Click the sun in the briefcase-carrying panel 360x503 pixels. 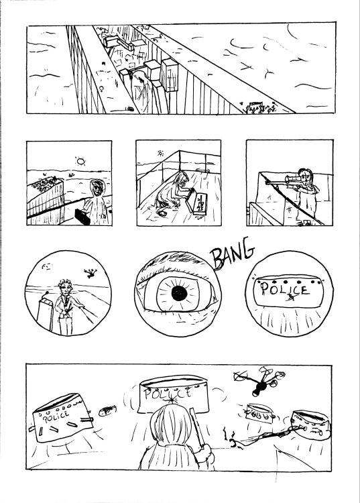click(82, 162)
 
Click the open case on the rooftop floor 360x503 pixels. click(201, 203)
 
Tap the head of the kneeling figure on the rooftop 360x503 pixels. click(181, 180)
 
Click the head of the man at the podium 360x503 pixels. click(65, 286)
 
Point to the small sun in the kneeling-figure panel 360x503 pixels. click(161, 153)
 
